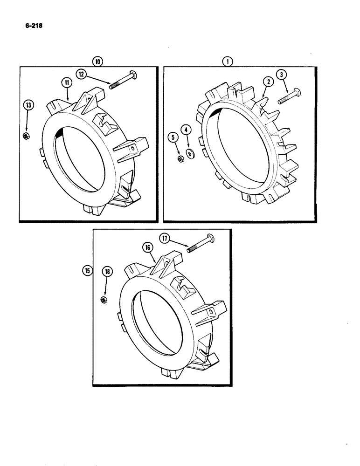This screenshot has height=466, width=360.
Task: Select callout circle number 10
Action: [97, 61]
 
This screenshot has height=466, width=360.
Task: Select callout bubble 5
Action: [172, 138]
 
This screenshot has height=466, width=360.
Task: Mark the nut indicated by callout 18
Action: [104, 298]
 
